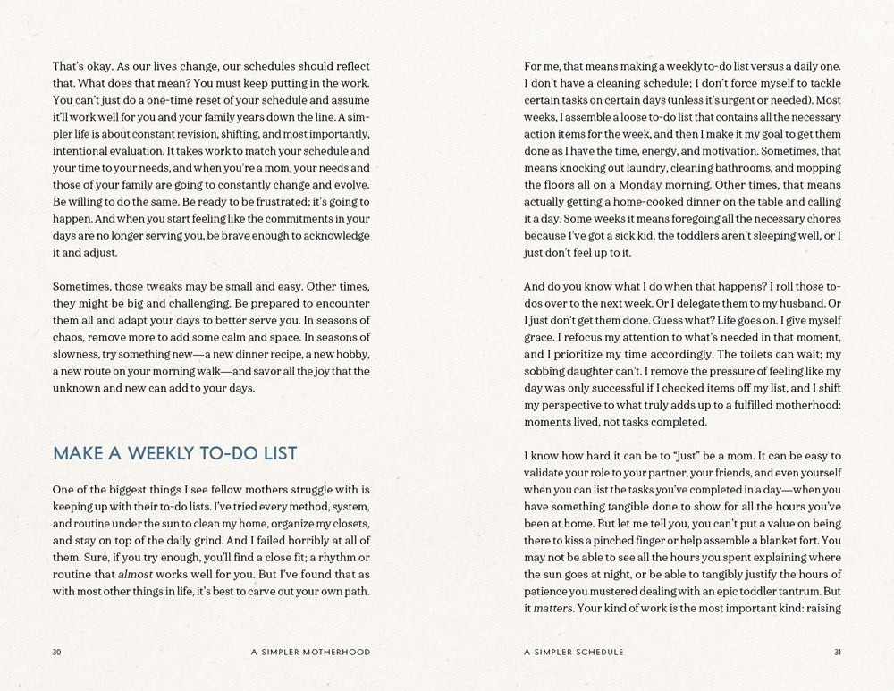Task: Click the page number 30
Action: coord(57,652)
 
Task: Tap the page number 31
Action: coord(837,652)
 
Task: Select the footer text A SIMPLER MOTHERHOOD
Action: coord(310,652)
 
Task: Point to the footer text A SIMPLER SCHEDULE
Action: coord(574,652)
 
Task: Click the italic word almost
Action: coord(137,574)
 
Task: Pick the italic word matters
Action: coord(552,609)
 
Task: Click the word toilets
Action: coord(725,354)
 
